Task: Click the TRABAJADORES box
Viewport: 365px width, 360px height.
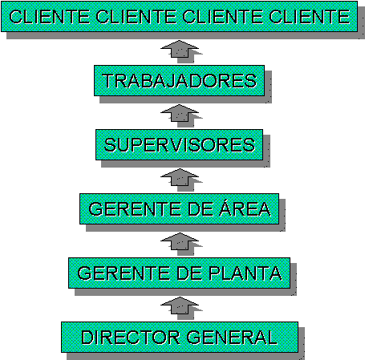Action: pos(179,80)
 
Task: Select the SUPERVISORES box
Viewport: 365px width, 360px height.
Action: pos(179,144)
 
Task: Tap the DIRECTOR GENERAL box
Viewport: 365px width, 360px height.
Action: pos(180,337)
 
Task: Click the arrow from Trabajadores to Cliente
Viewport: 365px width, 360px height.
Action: pos(180,49)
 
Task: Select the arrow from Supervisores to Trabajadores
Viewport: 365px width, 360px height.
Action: pos(180,113)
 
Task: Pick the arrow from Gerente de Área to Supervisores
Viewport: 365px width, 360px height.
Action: pos(180,177)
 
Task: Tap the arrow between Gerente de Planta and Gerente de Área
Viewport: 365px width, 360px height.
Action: pos(180,241)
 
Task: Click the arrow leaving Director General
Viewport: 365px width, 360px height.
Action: pos(180,305)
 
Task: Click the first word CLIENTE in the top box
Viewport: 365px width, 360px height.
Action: pos(50,17)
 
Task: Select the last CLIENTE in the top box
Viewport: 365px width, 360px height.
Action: pos(310,17)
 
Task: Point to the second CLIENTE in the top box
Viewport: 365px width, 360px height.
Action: pos(136,17)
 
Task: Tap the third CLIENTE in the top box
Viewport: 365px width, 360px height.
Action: pos(223,17)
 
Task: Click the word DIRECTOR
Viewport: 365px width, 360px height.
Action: pos(131,338)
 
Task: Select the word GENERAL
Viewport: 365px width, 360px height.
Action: pos(232,338)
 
